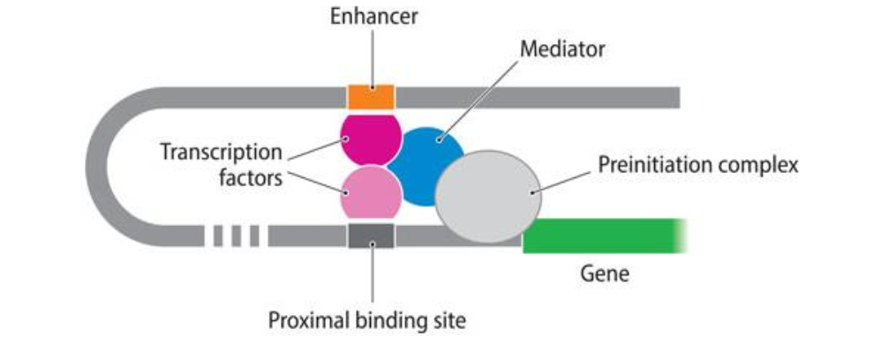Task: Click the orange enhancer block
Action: point(371,97)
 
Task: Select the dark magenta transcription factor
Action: point(371,139)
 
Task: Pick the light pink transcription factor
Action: point(371,193)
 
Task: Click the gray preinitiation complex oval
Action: point(488,197)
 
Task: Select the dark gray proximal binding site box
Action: point(371,236)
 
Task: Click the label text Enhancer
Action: point(373,17)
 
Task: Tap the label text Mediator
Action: point(562,49)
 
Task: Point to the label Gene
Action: point(605,274)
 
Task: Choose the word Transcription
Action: point(221,152)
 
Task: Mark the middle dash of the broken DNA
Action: point(237,236)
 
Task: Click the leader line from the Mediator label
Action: point(478,99)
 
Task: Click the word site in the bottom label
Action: point(448,321)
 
